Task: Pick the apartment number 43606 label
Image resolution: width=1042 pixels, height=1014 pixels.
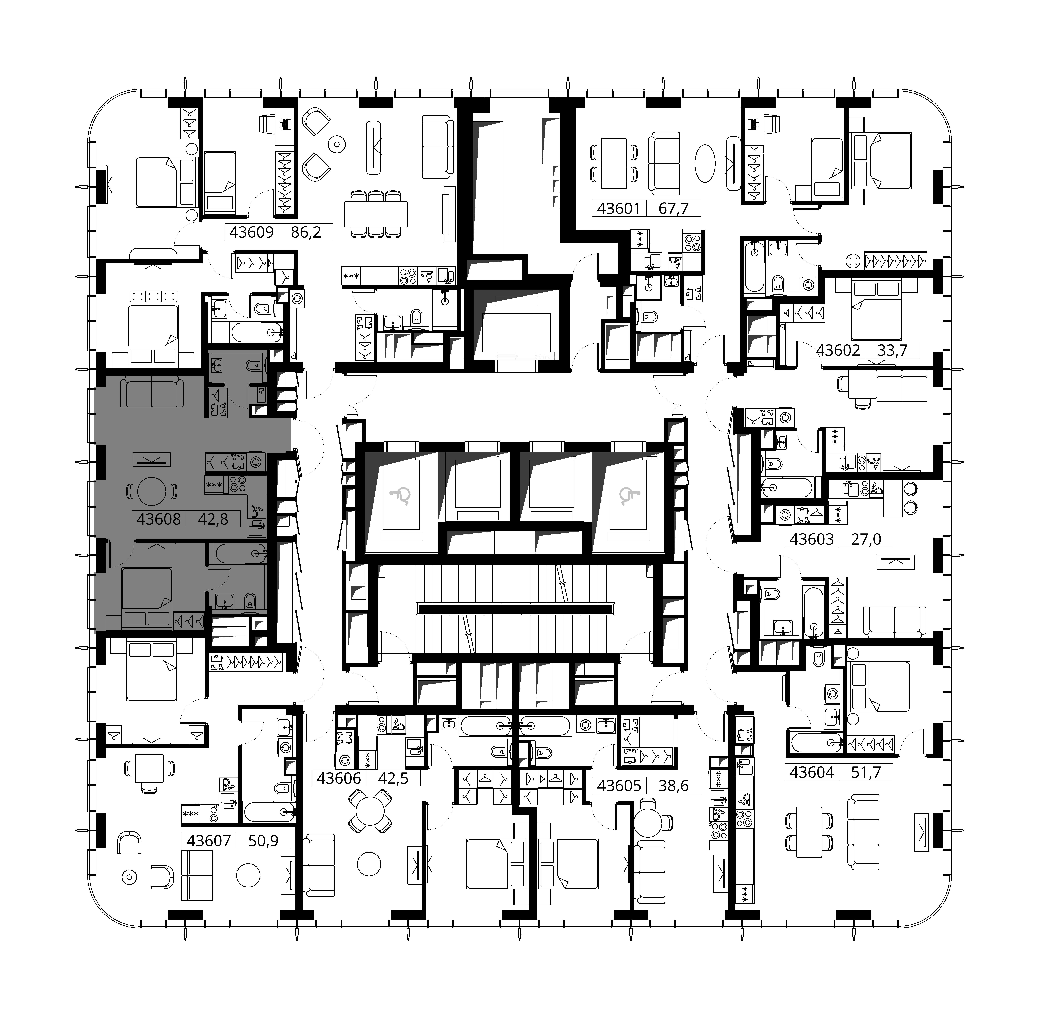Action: (x=339, y=779)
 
